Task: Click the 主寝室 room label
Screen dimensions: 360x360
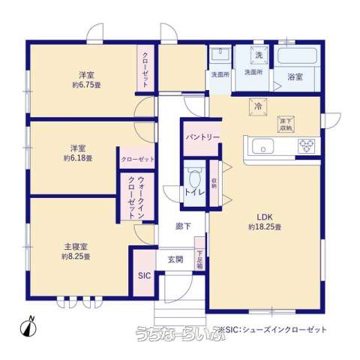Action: coord(76,245)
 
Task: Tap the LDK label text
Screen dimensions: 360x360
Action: coord(265,217)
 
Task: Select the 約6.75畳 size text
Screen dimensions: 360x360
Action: coord(87,85)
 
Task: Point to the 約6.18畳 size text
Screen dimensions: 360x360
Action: coord(78,158)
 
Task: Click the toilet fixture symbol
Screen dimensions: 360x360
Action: coord(194,178)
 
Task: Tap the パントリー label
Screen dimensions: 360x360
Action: coord(202,137)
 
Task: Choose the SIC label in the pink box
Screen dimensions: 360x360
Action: coord(144,274)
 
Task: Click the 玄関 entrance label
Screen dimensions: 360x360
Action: coord(175,259)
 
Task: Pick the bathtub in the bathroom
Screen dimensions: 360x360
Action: coord(298,56)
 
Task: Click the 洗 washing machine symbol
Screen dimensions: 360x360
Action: coord(258,55)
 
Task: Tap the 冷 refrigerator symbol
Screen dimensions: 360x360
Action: coord(257,105)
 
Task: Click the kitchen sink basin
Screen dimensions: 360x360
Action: coord(267,145)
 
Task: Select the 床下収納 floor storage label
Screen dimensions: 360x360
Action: coord(286,123)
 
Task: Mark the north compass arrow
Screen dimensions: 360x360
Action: coord(31,325)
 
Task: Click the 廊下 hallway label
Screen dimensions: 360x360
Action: coord(182,226)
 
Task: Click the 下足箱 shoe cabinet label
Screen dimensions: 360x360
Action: coord(199,259)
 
